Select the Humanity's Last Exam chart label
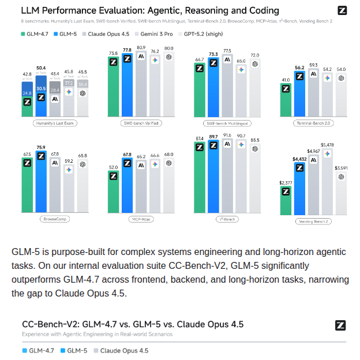click(x=55, y=123)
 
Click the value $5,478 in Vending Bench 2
click(x=327, y=145)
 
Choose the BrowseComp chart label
click(x=55, y=219)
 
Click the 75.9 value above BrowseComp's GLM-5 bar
click(x=40, y=147)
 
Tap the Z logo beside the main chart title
click(x=342, y=11)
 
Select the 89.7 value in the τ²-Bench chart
click(x=213, y=137)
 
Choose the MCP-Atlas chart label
click(x=140, y=219)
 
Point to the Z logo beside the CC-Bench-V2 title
click(x=342, y=325)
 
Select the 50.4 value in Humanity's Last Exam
click(x=40, y=67)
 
